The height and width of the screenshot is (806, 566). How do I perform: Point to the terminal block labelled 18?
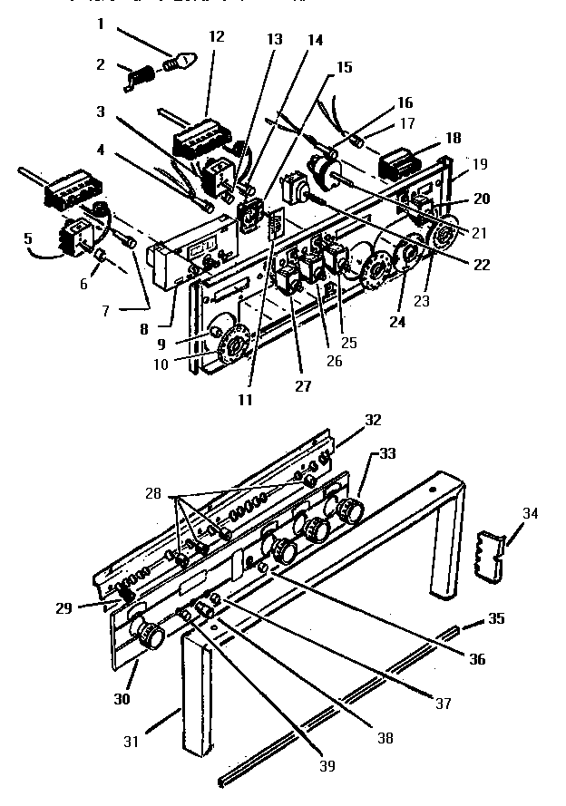click(397, 163)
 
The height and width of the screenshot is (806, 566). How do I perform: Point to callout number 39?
click(327, 766)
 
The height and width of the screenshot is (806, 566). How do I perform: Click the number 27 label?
click(302, 386)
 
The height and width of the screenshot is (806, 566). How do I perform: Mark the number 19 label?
click(481, 164)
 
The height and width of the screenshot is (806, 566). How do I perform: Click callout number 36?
click(475, 659)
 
